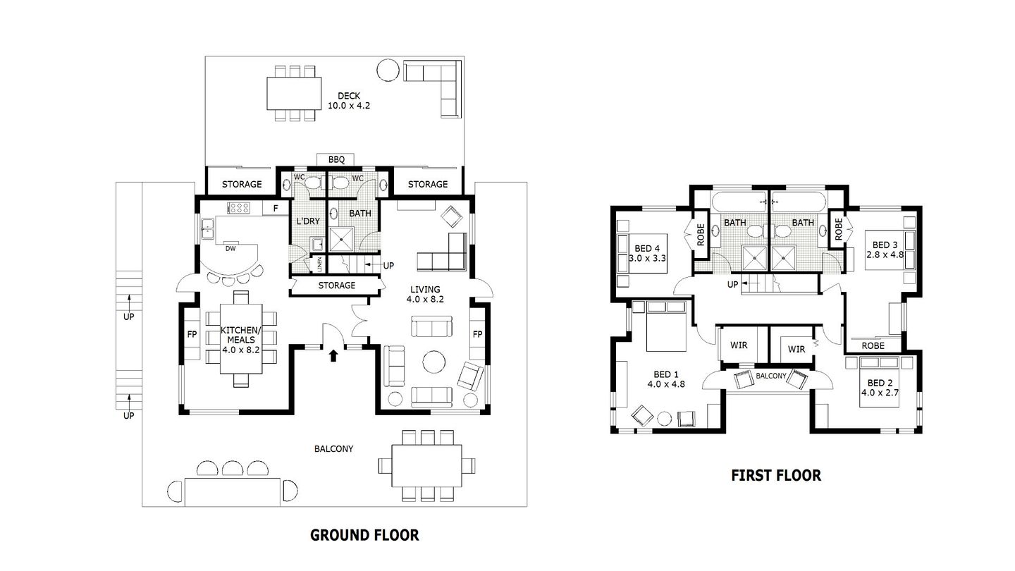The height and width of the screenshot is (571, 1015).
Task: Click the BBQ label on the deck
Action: (336, 160)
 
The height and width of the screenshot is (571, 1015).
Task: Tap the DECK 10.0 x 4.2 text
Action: (349, 101)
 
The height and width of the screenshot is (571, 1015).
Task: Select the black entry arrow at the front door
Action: (333, 356)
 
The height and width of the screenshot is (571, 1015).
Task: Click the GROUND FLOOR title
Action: (364, 535)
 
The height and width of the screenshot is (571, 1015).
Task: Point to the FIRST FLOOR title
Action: (776, 475)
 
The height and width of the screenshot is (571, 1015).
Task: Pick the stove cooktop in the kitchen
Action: (240, 208)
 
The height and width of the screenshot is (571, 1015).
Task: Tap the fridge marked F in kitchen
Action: (276, 209)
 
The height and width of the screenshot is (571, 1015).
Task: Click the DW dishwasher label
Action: (230, 248)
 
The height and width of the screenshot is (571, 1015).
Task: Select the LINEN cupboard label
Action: (319, 266)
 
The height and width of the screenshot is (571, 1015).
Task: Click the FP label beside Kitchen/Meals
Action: (191, 334)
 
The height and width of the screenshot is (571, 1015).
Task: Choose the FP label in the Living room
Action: (477, 334)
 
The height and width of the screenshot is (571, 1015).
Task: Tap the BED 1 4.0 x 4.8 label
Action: (666, 379)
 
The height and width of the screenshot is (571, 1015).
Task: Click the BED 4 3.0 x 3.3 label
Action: (647, 253)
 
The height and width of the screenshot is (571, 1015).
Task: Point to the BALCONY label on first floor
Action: (770, 376)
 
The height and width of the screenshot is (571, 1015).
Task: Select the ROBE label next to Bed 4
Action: (701, 235)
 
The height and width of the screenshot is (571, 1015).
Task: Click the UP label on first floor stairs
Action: (732, 284)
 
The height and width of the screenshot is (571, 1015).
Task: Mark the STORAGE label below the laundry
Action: (336, 285)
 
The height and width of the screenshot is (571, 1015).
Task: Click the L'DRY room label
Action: (308, 221)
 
